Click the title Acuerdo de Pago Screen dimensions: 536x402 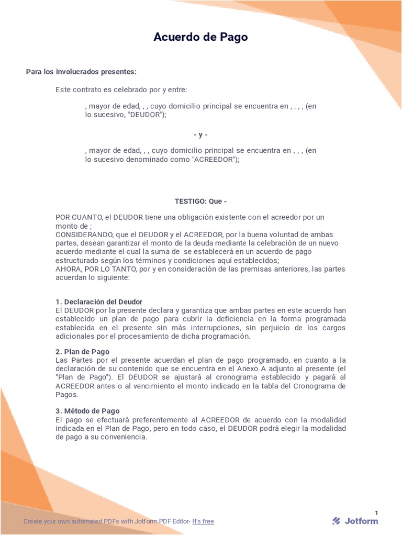[200, 37]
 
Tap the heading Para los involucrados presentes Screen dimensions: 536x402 [81, 71]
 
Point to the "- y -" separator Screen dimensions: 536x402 [200, 135]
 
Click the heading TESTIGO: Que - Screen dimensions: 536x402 [200, 201]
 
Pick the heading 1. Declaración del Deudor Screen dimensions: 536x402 [99, 302]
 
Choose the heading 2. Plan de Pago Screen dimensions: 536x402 [82, 352]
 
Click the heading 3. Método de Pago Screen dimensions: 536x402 [87, 411]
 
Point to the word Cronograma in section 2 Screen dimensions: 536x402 [307, 386]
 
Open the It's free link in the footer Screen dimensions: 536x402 [203, 521]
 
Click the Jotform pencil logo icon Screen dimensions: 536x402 [336, 521]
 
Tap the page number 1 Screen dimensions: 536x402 [376, 512]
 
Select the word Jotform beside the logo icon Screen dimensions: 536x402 [361, 521]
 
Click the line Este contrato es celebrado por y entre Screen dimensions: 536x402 [121, 90]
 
